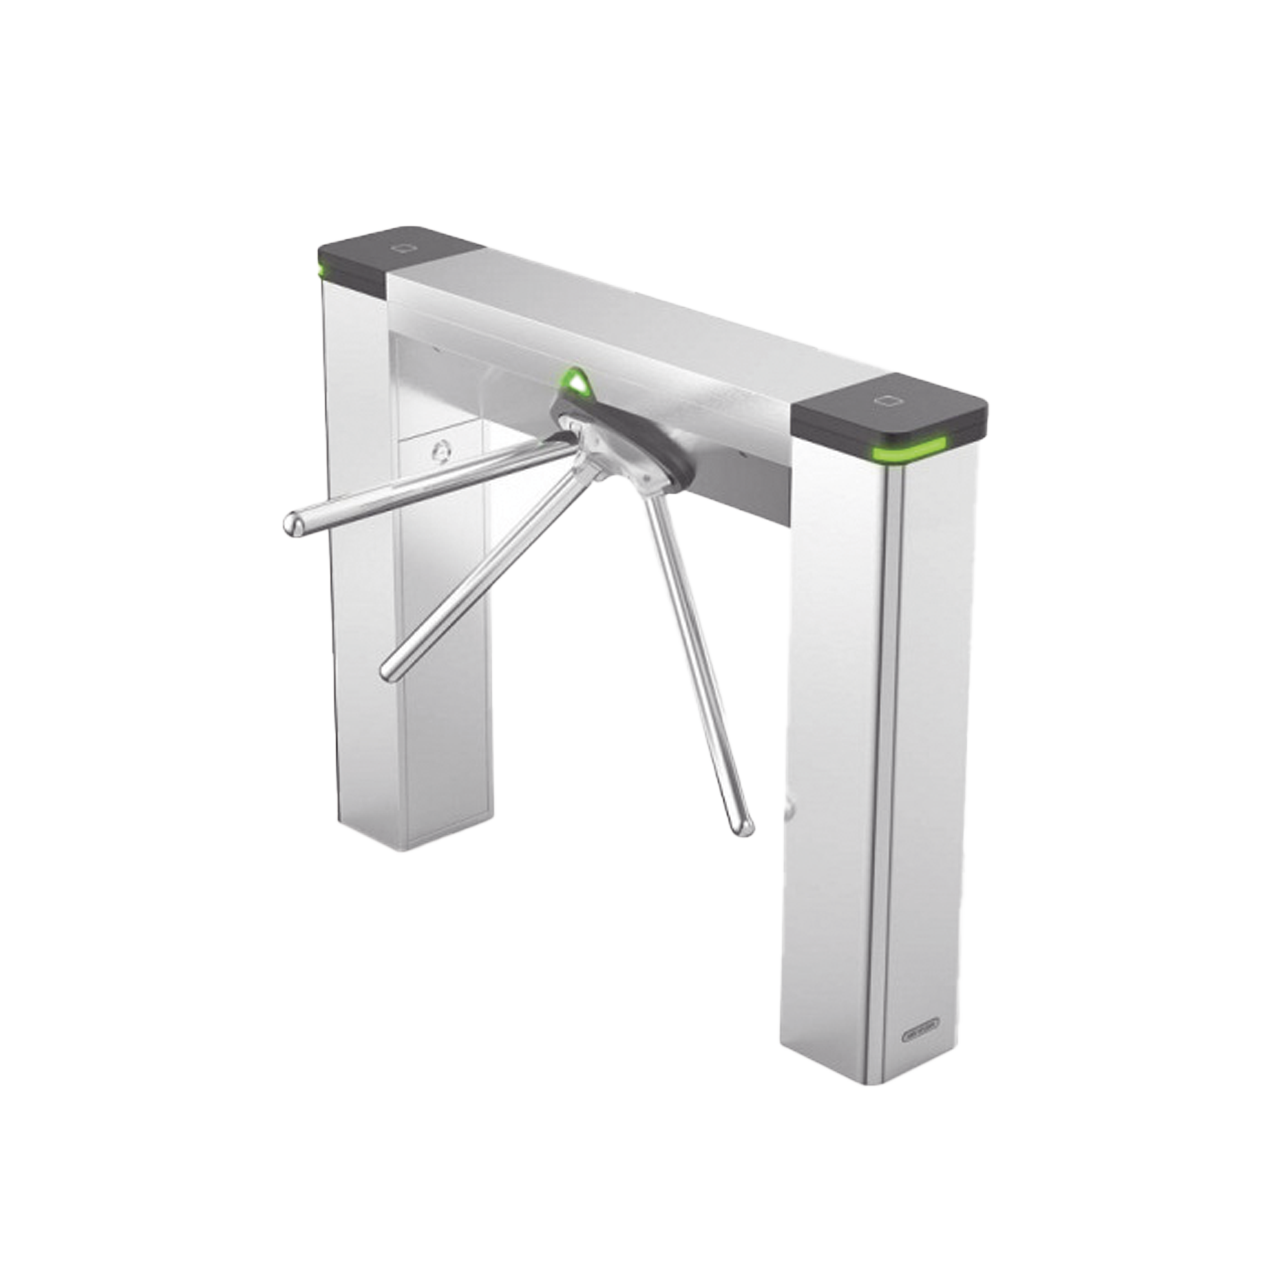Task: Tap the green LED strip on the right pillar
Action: point(907,454)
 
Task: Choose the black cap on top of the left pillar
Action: point(400,257)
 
